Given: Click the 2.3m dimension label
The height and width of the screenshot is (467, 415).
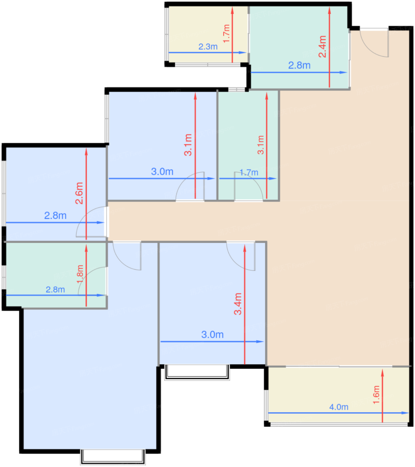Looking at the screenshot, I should (x=208, y=47).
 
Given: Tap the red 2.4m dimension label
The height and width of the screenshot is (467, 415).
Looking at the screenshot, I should (x=322, y=46).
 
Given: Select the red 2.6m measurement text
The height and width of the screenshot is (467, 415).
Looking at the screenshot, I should (x=79, y=193).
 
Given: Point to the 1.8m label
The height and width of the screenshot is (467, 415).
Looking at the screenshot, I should (x=80, y=274).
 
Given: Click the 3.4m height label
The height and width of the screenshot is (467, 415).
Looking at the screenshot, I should (x=237, y=304).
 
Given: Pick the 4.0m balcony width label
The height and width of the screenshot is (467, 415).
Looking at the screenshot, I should (x=339, y=407).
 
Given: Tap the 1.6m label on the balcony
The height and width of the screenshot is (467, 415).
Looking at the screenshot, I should (x=376, y=395).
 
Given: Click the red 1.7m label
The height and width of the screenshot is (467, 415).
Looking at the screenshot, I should (x=226, y=33).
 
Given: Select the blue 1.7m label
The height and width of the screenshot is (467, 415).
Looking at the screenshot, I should (x=249, y=172).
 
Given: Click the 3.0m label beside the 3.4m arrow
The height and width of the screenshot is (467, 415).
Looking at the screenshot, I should (x=212, y=335).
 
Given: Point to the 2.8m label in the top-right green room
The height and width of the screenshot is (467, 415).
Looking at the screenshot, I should (x=299, y=65).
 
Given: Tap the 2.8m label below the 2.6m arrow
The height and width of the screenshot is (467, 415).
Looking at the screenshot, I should (x=55, y=215).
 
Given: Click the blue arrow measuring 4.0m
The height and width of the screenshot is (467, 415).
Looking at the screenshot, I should (x=338, y=413).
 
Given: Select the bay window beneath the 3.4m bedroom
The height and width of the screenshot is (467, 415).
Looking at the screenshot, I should (x=197, y=372).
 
